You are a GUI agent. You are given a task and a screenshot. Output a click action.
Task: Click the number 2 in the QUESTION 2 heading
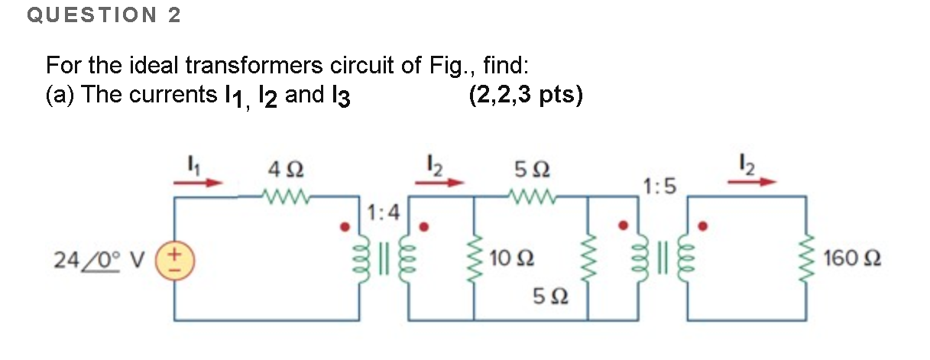174,15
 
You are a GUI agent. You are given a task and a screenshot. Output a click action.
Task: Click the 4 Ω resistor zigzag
284,197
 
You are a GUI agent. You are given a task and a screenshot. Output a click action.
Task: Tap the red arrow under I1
200,183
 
